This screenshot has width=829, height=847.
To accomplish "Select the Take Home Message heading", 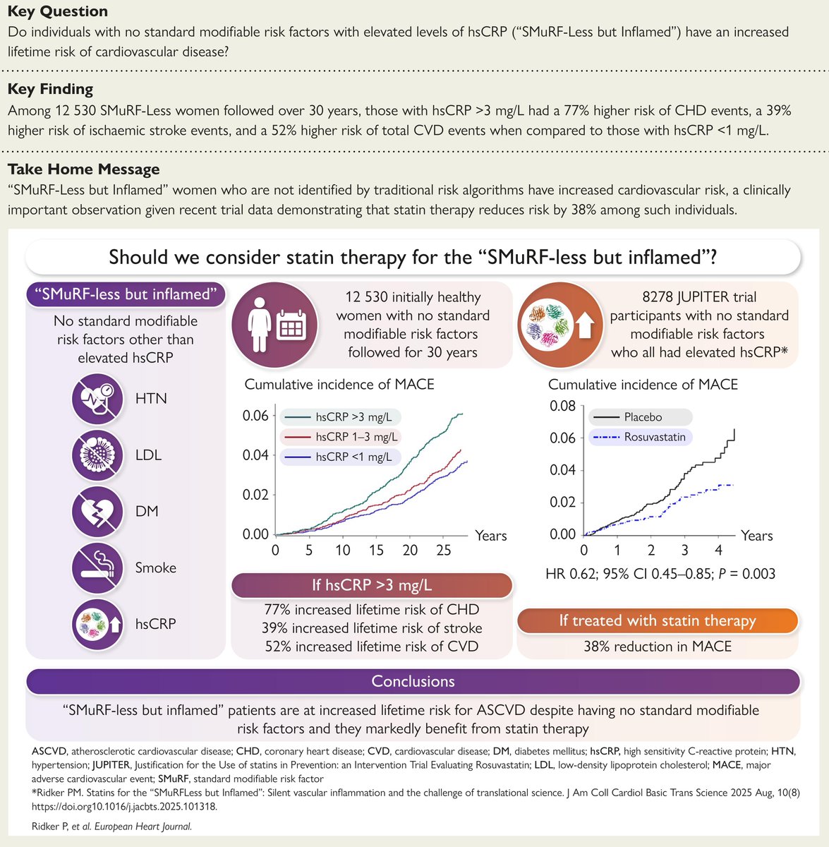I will coord(83,169).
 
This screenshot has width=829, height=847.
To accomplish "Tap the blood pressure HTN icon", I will coord(93,398).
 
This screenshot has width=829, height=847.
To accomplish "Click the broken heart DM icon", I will coord(93,511).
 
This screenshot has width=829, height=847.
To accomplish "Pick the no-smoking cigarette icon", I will coord(93,567).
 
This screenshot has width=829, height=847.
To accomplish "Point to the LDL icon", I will coord(93,455).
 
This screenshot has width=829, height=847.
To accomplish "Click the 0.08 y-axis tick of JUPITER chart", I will coord(562,406).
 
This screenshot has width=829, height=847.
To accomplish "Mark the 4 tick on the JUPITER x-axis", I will coord(719,551).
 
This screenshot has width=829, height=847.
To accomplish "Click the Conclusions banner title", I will coord(413,681).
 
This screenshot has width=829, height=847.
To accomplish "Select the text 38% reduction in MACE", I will coord(658,646).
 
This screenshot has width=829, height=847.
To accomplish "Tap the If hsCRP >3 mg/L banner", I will coord(372,585).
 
